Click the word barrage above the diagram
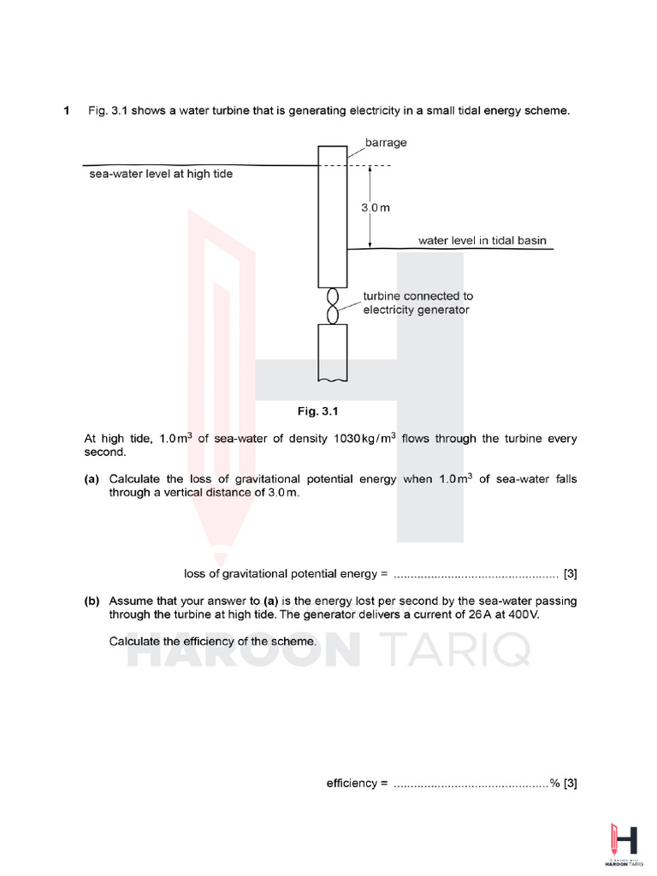pyautogui.click(x=386, y=143)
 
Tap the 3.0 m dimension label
pyautogui.click(x=374, y=208)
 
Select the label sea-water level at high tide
pyautogui.click(x=161, y=174)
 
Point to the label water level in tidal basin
pyautogui.click(x=482, y=240)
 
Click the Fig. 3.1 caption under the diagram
pyautogui.click(x=319, y=411)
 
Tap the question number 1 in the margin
pyautogui.click(x=67, y=111)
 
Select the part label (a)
pyautogui.click(x=92, y=479)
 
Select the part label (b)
pyautogui.click(x=92, y=601)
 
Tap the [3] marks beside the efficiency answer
pyautogui.click(x=570, y=783)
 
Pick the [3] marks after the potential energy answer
pyautogui.click(x=570, y=573)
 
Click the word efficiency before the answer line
pyautogui.click(x=352, y=783)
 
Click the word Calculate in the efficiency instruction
pyautogui.click(x=135, y=641)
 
